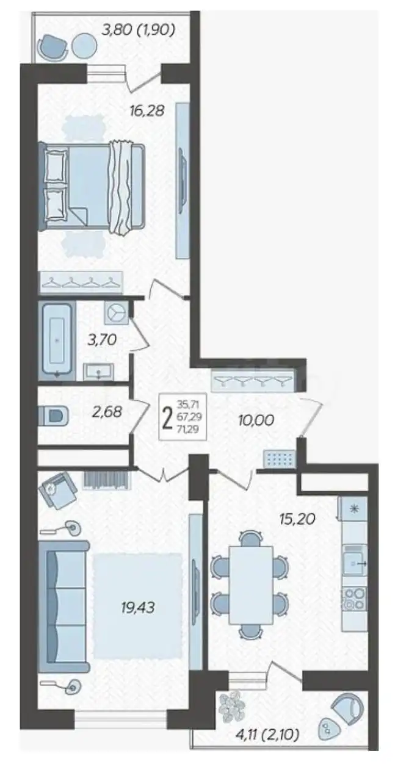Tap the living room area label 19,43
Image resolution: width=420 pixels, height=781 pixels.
click(x=138, y=607)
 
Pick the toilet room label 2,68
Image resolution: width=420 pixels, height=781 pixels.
click(x=106, y=412)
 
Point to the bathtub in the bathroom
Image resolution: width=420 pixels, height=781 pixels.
click(x=57, y=339)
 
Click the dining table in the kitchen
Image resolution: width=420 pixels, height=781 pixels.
click(x=250, y=585)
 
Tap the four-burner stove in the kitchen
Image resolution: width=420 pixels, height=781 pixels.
click(x=353, y=599)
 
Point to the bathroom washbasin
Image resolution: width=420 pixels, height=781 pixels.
click(x=98, y=370)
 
